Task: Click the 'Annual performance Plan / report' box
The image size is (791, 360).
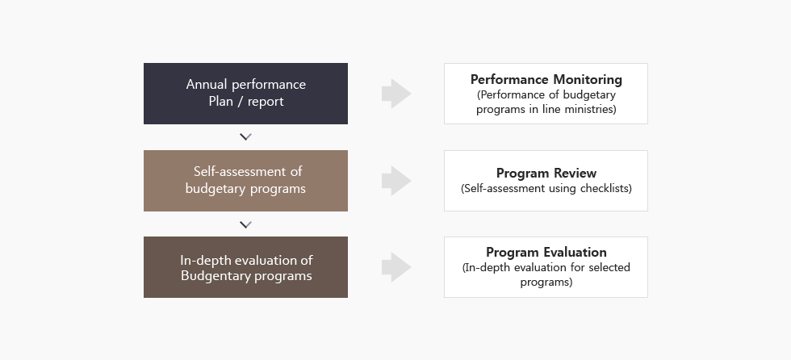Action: [245, 94]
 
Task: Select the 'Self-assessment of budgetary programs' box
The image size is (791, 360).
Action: [245, 181]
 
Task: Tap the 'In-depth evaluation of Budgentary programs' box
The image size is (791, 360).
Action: [245, 267]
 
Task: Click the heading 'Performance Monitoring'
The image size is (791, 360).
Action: [546, 79]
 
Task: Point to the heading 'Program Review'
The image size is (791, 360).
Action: [546, 173]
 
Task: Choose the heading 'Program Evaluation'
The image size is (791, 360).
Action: [546, 252]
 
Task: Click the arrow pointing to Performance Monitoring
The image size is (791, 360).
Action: [396, 94]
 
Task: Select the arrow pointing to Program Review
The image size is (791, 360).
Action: [396, 181]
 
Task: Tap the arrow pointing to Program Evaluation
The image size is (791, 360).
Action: [396, 267]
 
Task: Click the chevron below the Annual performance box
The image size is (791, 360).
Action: [245, 137]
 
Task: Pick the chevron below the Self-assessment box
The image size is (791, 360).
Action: [245, 224]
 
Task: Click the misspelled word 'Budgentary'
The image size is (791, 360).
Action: [212, 275]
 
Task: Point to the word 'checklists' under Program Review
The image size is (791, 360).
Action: [605, 188]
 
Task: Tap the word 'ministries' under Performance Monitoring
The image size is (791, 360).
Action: [589, 109]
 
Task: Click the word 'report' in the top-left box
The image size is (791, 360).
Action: [266, 101]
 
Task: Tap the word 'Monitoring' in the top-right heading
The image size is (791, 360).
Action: [587, 79]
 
